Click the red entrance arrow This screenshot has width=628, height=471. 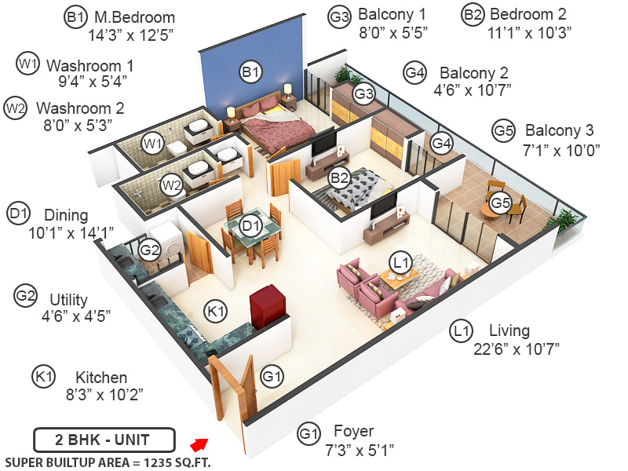pyautogui.click(x=202, y=447)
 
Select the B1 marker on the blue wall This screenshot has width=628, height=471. pyautogui.click(x=250, y=73)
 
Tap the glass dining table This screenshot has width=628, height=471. pyautogui.click(x=251, y=232)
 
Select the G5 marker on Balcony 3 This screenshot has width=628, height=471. pyautogui.click(x=500, y=203)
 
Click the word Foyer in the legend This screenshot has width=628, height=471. pyautogui.click(x=354, y=431)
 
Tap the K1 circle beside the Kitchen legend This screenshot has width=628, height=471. pyautogui.click(x=43, y=378)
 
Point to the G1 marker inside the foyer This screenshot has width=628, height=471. pyautogui.click(x=272, y=377)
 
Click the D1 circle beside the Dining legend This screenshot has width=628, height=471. pyautogui.click(x=18, y=213)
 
